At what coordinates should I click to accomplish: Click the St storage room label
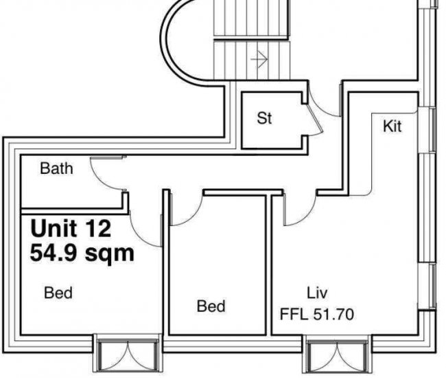pos(264,118)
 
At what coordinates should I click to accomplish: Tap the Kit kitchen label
pos(392,126)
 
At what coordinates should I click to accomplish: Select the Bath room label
pos(56,168)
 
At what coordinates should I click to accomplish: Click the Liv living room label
pos(317,293)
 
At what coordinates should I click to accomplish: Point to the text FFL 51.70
pos(317,314)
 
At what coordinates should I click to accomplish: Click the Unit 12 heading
pos(71,228)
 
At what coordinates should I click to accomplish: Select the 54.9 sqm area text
pos(82,253)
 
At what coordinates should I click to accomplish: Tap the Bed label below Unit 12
pos(58,293)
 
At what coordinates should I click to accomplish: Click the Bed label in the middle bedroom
pos(211,307)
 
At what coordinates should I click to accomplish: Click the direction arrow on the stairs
pos(259,59)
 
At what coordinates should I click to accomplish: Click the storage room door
pos(315,120)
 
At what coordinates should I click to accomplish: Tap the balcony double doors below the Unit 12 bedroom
pos(128,355)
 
